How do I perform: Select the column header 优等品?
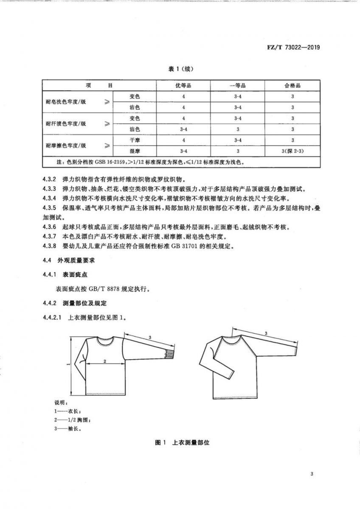(183, 85)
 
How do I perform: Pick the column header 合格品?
(292, 85)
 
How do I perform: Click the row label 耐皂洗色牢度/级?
(65, 102)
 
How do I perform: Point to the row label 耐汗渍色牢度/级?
(65, 123)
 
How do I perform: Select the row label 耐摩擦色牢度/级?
(65, 145)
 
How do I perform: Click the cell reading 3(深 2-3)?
(292, 151)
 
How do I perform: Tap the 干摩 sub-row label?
(135, 140)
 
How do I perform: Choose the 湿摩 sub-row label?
(135, 151)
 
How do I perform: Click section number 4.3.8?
(50, 246)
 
